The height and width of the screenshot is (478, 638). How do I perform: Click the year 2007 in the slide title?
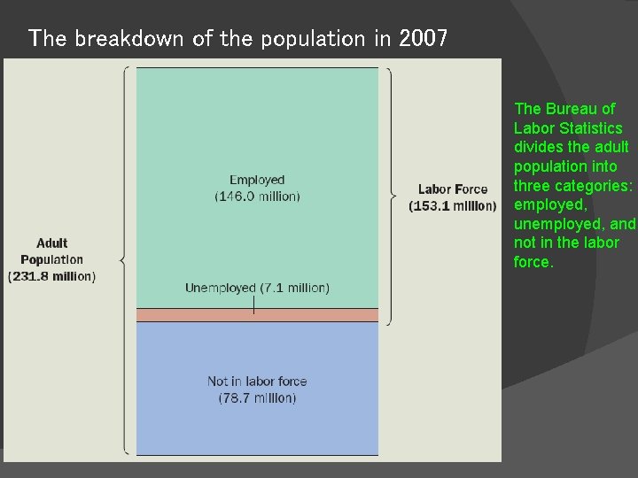coord(424,38)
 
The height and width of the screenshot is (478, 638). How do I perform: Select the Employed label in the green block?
coord(257,181)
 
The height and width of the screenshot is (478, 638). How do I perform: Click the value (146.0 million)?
coord(257,196)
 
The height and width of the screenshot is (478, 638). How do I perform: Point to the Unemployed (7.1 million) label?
coord(257,288)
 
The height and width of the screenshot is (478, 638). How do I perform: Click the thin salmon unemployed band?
coord(257,314)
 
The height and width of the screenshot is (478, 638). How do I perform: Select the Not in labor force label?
coord(257,382)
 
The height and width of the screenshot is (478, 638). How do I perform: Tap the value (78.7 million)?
coord(257,397)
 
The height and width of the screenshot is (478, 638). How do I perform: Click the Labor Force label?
coord(452,189)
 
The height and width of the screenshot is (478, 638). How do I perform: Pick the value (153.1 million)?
coord(452,205)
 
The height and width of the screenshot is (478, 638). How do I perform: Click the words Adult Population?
coord(51,251)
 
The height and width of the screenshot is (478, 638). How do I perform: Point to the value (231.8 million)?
coord(51,276)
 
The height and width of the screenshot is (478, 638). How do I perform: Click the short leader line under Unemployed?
coord(254,305)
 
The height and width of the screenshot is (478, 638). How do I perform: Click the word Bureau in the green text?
coord(569,109)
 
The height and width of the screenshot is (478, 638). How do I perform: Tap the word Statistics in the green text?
coord(592,128)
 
